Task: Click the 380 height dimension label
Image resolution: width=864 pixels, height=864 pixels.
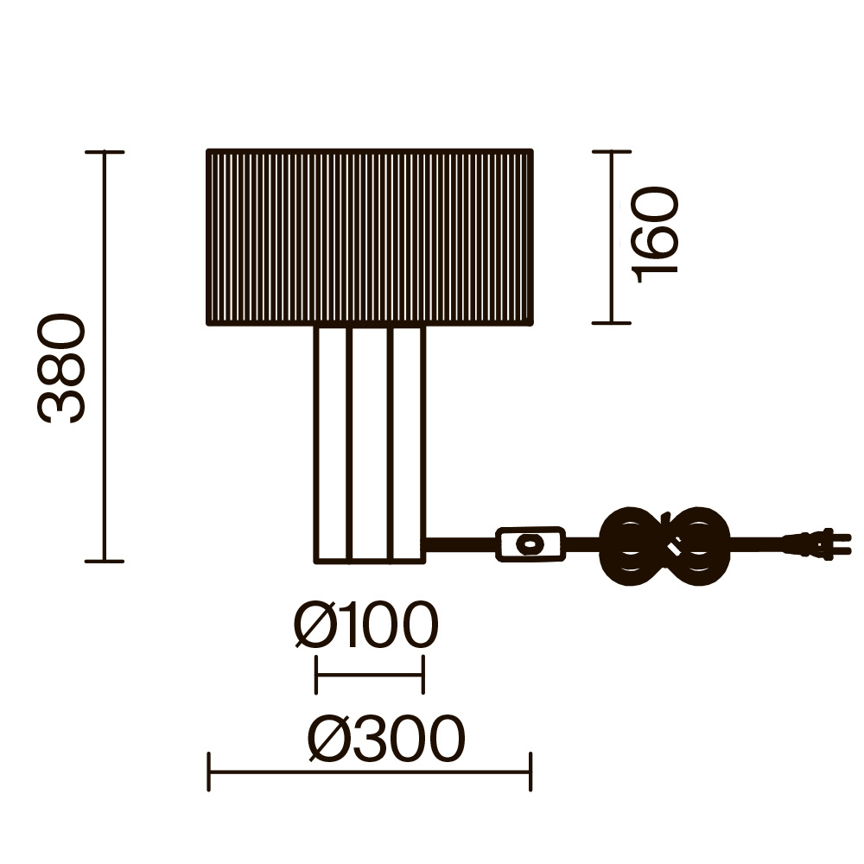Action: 61,368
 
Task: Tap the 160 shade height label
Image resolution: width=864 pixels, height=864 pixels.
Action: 655,235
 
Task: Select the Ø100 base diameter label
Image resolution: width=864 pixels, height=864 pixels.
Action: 366,625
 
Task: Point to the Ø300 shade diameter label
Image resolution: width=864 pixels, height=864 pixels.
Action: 386,739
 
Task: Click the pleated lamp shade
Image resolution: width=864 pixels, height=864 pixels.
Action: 370,237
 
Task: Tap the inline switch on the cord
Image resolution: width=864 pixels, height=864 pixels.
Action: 530,544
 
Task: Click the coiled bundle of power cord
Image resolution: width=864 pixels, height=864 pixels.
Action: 664,545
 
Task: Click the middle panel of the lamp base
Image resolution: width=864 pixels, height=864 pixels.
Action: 370,444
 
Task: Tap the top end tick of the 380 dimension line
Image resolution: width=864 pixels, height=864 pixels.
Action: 105,151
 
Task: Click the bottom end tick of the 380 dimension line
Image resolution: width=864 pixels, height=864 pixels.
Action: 105,561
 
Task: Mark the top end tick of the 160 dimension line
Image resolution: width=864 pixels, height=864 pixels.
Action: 612,151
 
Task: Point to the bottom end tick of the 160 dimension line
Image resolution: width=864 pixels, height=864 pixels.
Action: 612,323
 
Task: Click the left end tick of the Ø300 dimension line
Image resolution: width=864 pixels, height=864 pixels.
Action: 209,772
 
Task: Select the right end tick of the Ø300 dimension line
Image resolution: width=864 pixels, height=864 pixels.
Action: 530,772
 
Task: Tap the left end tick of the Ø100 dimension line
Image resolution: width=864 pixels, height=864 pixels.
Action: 315,675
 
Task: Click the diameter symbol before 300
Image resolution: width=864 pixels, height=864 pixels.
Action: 329,739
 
